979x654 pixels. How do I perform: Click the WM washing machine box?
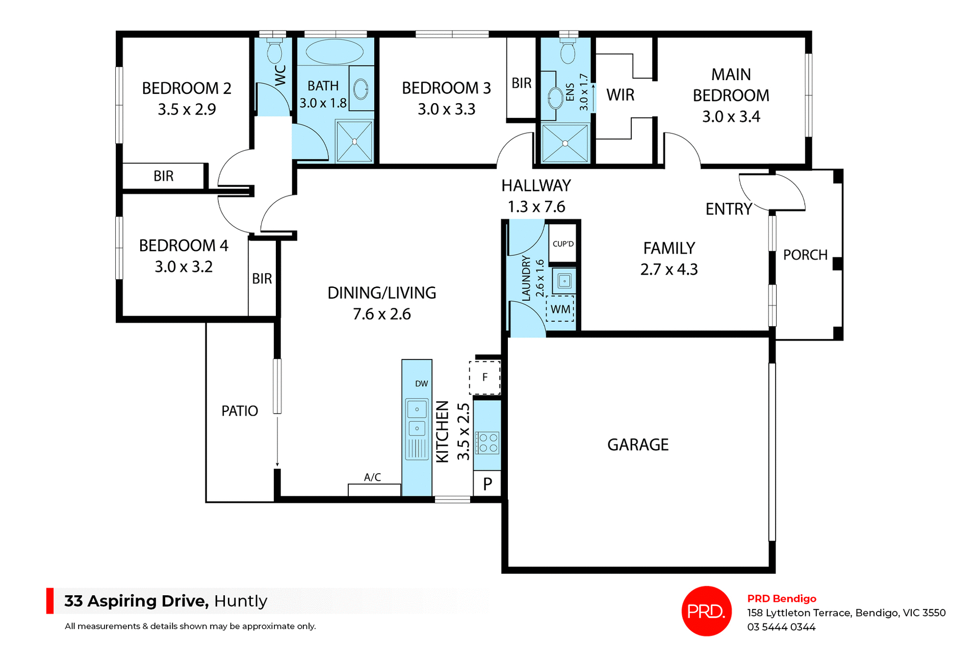[560, 309]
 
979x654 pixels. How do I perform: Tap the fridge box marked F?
[484, 377]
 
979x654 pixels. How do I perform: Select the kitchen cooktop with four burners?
[487, 443]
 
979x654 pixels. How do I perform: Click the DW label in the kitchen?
[421, 383]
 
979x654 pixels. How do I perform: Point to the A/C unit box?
[374, 489]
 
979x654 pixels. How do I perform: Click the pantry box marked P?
[487, 483]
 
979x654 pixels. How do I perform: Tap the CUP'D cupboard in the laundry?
[563, 244]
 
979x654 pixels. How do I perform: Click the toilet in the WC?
[275, 51]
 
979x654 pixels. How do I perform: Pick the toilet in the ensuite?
[568, 52]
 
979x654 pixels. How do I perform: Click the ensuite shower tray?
[565, 143]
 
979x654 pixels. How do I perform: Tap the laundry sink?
[564, 281]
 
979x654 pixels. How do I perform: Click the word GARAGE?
[638, 445]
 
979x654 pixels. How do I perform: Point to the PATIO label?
[240, 411]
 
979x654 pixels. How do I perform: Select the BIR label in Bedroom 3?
[522, 83]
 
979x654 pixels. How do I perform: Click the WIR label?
[621, 95]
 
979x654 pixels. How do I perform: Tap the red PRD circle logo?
[706, 611]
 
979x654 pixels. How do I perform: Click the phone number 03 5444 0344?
[781, 627]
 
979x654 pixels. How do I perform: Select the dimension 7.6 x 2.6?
[382, 314]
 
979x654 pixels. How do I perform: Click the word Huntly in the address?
[241, 601]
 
